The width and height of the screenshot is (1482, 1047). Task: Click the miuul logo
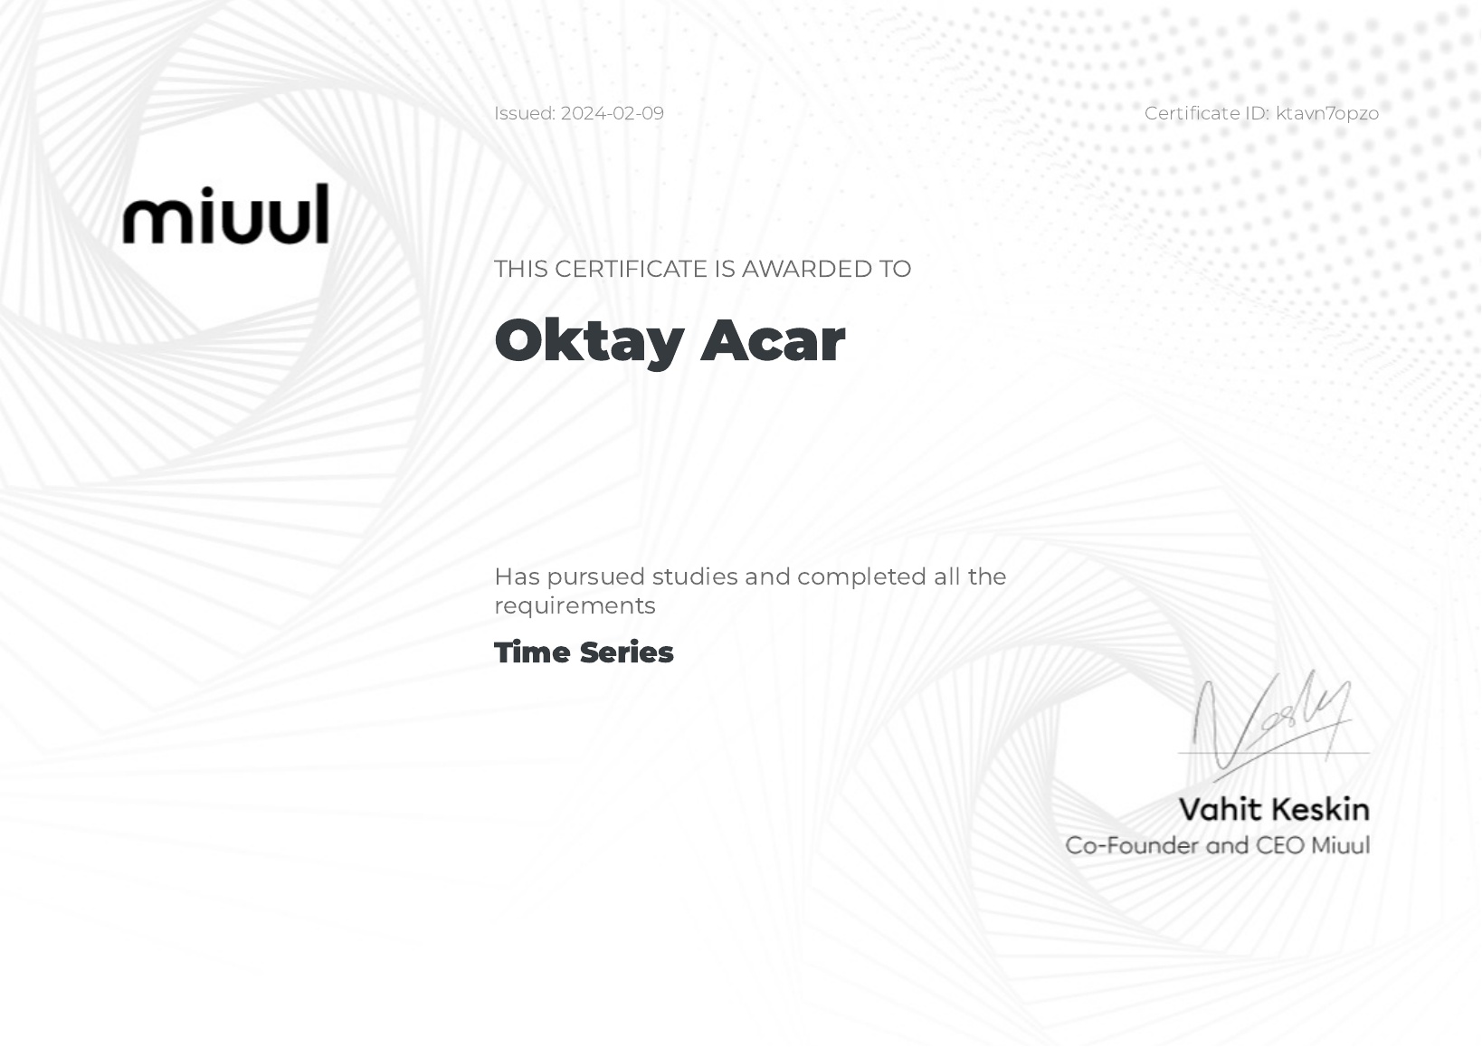(225, 214)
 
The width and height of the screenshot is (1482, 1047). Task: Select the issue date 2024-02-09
(612, 113)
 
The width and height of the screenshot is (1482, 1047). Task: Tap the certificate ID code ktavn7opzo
(1327, 114)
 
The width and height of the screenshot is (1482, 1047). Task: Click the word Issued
(525, 113)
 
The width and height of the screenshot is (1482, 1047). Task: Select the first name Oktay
(590, 341)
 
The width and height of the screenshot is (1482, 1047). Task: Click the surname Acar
(773, 339)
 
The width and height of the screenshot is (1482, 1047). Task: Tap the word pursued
(596, 577)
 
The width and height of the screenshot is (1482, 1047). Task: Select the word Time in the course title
(532, 652)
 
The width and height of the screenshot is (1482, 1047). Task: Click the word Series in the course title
(626, 652)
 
